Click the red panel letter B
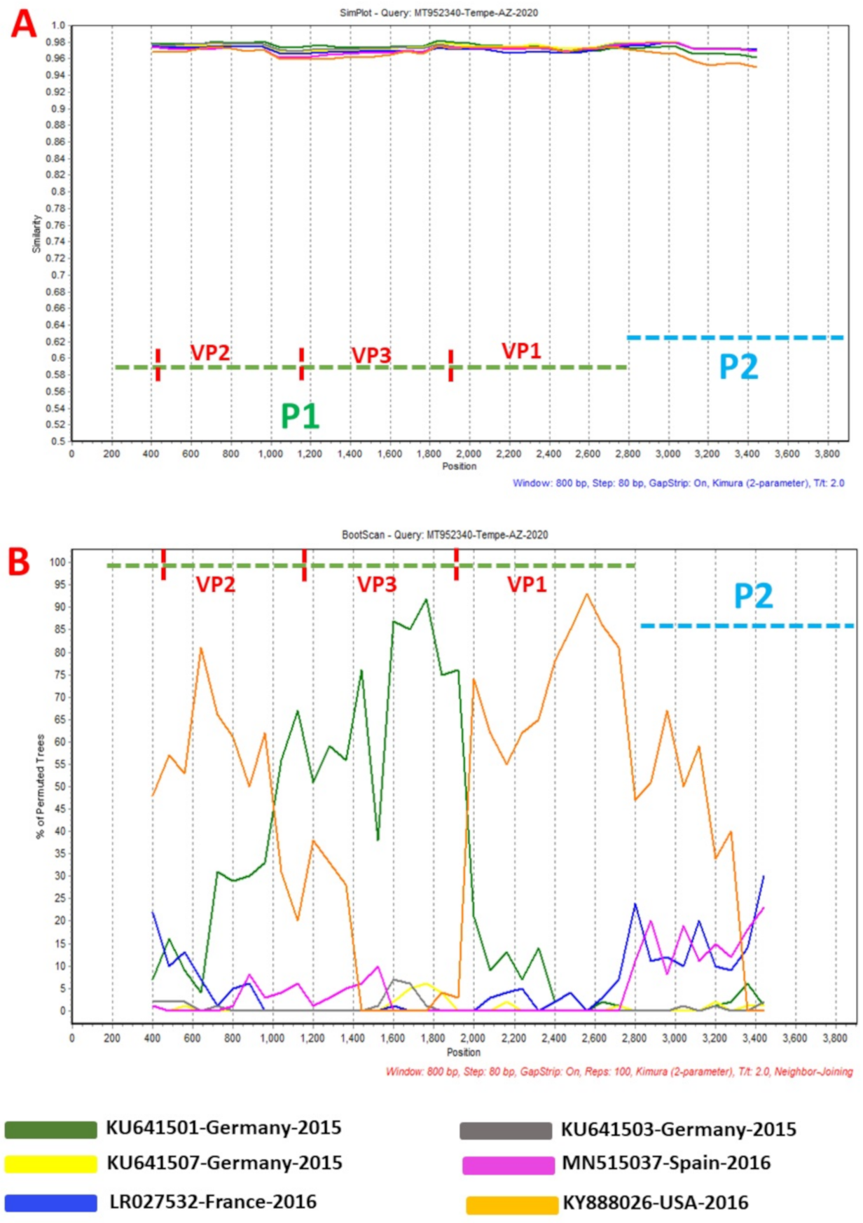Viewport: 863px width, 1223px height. pos(19,561)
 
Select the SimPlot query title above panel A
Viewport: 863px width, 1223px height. pos(439,13)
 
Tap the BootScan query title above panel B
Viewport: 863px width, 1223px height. pos(444,534)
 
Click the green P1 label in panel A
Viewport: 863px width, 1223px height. pos(300,416)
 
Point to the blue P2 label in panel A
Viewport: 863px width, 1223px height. pos(738,367)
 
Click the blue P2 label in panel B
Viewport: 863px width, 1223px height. pos(753,596)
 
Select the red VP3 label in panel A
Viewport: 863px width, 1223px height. pos(371,355)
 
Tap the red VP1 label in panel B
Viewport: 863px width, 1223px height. pos(527,584)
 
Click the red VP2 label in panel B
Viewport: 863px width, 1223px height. pos(216,584)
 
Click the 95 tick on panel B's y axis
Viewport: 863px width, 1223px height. pos(60,584)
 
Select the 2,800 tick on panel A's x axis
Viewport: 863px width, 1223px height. pos(628,454)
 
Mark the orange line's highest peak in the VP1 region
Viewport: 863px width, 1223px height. pos(587,594)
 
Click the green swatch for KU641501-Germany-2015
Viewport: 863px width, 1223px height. pos(50,1130)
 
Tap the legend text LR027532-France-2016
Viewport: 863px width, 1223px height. pos(213,1202)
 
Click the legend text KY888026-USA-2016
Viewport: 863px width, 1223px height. pos(656,1203)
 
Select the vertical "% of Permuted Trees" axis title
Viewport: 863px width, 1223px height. pos(40,786)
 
